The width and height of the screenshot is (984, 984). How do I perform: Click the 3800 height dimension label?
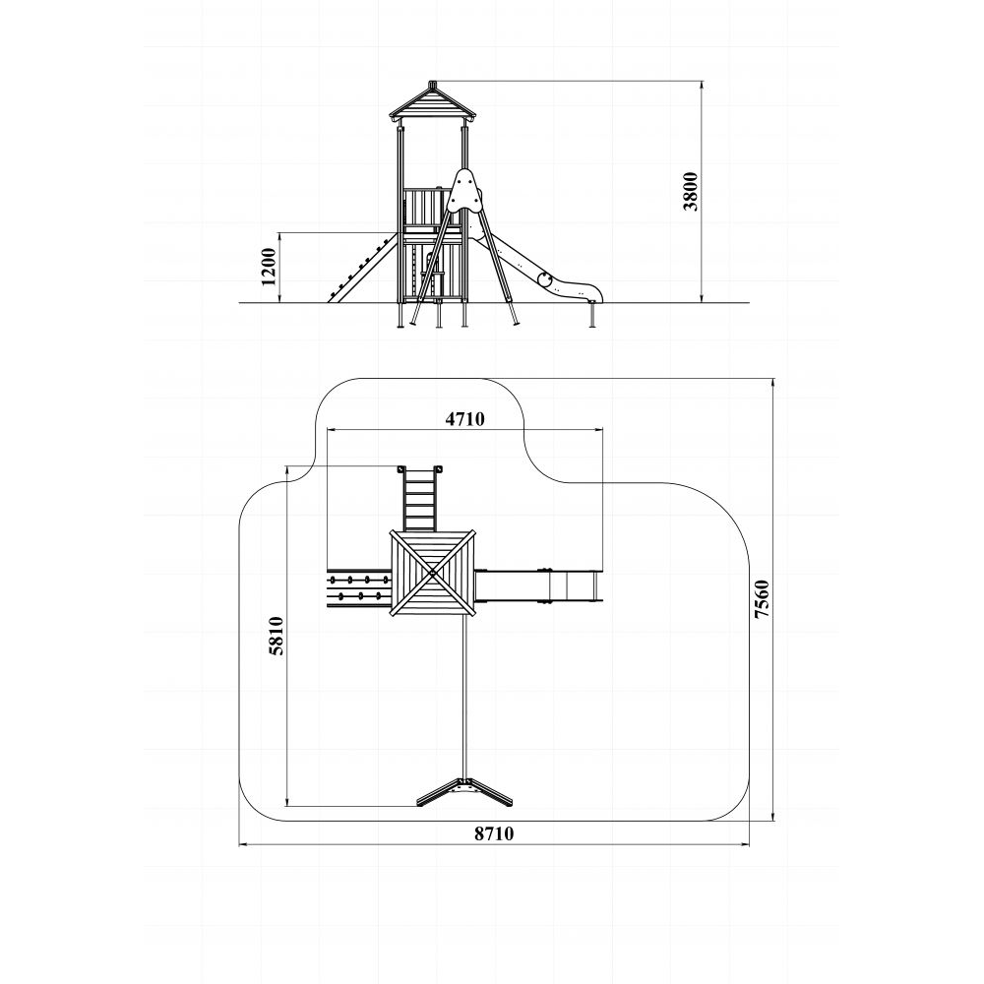point(691,192)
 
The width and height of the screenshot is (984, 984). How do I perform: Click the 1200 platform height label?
point(269,267)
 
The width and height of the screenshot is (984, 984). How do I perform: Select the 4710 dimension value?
point(465,418)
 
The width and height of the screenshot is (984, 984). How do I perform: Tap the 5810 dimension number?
point(277,636)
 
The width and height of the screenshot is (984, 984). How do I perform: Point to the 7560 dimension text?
point(762,599)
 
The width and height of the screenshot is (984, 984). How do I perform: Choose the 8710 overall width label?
point(494,833)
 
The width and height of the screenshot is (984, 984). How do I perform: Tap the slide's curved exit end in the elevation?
point(575,288)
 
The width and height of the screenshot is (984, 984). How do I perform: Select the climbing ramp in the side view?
point(363,268)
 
